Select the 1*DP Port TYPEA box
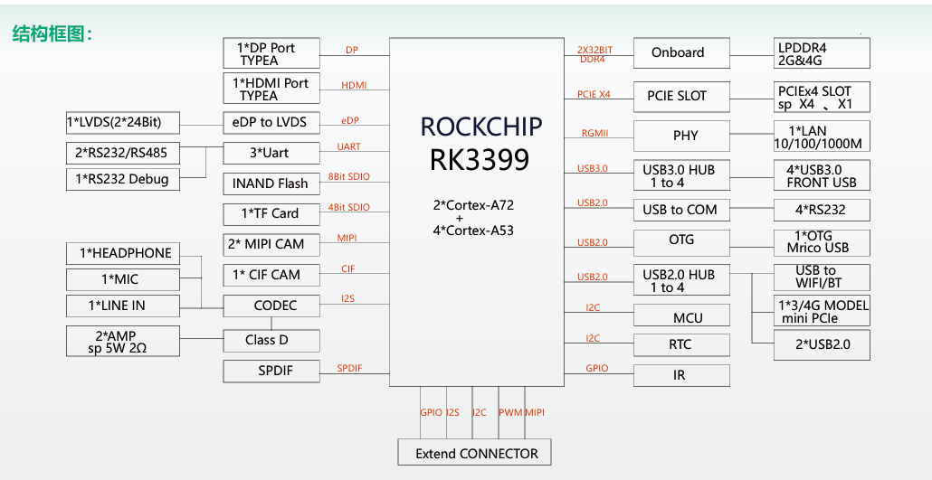coord(271,53)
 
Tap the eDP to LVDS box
coord(271,122)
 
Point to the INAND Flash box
coord(271,184)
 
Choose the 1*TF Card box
coord(271,214)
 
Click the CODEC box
coord(271,306)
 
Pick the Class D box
coord(271,340)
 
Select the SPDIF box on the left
coord(271,371)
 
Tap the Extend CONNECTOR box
coord(475,453)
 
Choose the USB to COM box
coord(681,210)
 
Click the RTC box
coord(681,344)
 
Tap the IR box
coord(681,375)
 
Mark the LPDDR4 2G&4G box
coord(822,53)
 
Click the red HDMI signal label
coord(354,85)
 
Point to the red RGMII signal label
coord(594,134)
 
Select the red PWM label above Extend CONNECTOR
coord(510,412)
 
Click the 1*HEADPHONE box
coord(125,253)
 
